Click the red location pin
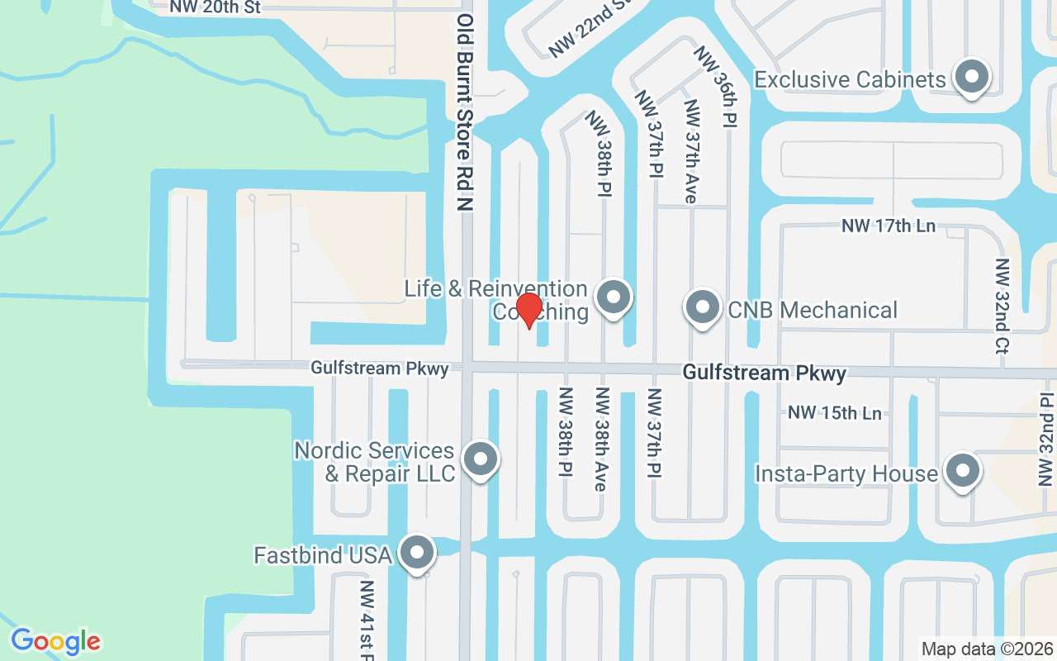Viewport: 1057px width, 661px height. pos(528,311)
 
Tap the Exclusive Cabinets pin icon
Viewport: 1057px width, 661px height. pos(972,77)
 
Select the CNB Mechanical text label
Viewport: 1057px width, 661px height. pos(813,310)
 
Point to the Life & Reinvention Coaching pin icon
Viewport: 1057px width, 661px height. pos(613,296)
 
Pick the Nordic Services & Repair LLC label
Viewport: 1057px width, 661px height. pos(375,462)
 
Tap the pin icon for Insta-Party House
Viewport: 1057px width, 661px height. pos(961,472)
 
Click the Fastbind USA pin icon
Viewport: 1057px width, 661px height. pos(416,553)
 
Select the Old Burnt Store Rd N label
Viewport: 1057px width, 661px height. pos(465,112)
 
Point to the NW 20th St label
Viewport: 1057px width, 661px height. pos(215,7)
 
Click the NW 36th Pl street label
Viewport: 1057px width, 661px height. pos(715,86)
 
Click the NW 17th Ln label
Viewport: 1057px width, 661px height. pos(889,226)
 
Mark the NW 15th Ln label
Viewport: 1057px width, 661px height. pos(835,412)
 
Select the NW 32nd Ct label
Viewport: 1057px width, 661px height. pos(1002,307)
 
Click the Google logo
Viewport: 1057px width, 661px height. pos(55,641)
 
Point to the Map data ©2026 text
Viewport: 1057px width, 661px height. pos(988,649)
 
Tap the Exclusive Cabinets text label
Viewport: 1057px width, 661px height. pos(850,79)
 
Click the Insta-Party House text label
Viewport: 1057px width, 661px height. pos(846,473)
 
